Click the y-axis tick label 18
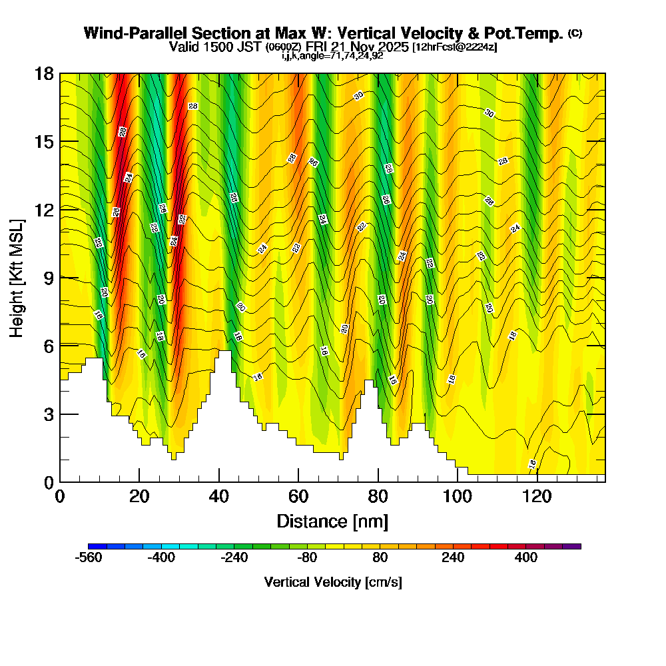[x=44, y=73]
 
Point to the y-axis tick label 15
[x=44, y=142]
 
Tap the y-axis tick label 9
[x=48, y=277]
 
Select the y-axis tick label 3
[x=48, y=414]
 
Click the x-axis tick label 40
[x=218, y=496]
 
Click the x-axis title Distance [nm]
[x=332, y=521]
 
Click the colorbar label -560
[x=89, y=558]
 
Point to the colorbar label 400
[x=526, y=558]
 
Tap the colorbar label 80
[x=380, y=558]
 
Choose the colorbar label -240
[x=234, y=558]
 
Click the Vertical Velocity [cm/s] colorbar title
[x=332, y=582]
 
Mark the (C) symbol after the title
[x=575, y=33]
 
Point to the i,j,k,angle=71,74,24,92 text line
[x=332, y=55]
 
